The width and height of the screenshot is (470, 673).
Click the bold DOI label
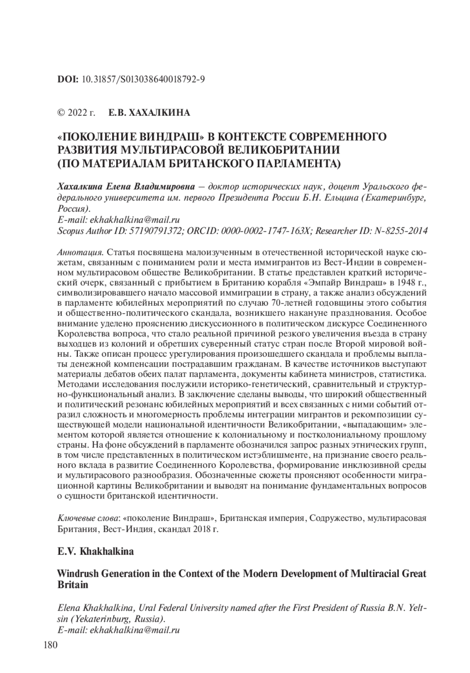[68, 79]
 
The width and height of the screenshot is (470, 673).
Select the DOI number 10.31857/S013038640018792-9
[143, 79]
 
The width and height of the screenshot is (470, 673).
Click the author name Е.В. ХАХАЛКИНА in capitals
[149, 113]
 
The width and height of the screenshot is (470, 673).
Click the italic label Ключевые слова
[88, 518]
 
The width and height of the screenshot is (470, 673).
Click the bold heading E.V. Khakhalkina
[95, 552]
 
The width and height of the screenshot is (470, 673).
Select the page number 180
[50, 645]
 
